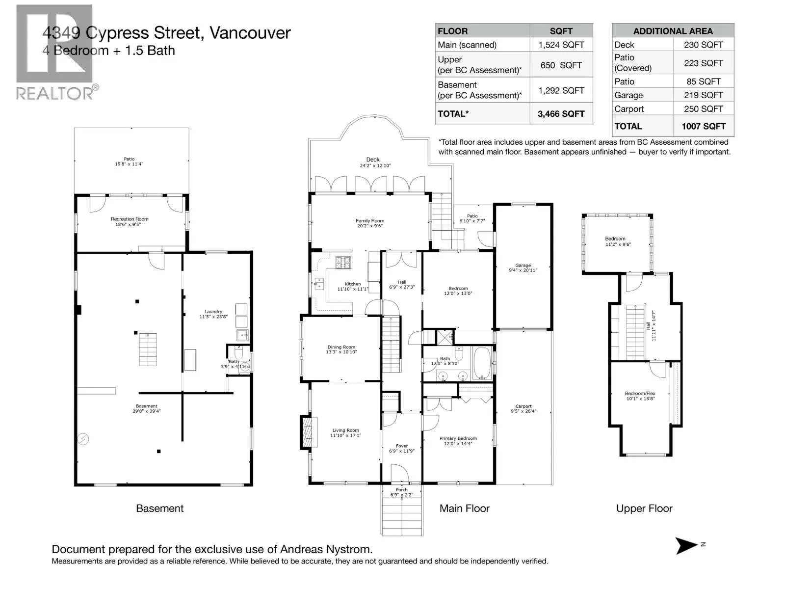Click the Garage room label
click(x=523, y=266)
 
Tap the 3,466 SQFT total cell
click(x=561, y=114)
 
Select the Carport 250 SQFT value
click(x=703, y=109)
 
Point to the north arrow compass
click(x=687, y=545)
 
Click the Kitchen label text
click(x=352, y=284)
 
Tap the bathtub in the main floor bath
click(x=482, y=364)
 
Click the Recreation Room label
click(x=130, y=219)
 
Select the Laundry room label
click(x=213, y=312)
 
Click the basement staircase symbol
click(x=148, y=349)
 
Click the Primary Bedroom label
click(x=458, y=438)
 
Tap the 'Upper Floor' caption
click(x=644, y=509)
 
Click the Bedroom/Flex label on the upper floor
click(x=640, y=393)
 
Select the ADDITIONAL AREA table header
click(x=673, y=31)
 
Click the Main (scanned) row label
click(x=467, y=45)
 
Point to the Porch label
click(x=401, y=489)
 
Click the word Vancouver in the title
click(x=250, y=33)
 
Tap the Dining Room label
click(x=341, y=347)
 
